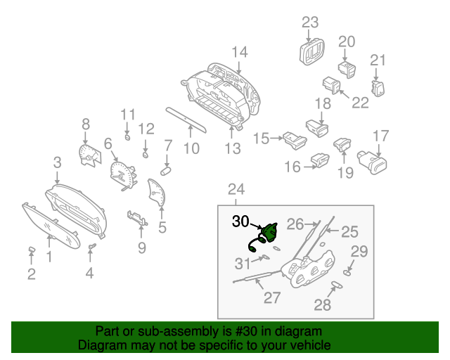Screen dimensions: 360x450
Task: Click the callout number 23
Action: (x=310, y=22)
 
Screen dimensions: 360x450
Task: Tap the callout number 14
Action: (x=240, y=51)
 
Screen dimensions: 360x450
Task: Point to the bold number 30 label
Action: (x=240, y=221)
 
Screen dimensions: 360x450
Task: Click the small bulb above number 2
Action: (x=32, y=250)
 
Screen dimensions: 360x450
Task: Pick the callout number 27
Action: (x=272, y=297)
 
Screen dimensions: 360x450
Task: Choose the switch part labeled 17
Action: (x=374, y=162)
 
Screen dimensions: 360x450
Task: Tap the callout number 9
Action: (x=141, y=247)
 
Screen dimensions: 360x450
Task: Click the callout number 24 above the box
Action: (x=236, y=188)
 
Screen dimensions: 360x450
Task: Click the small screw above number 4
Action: (x=91, y=245)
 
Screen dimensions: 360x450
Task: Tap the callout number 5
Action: (x=162, y=227)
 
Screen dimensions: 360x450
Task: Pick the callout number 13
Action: (x=232, y=148)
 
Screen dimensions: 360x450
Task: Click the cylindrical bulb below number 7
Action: (x=167, y=170)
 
